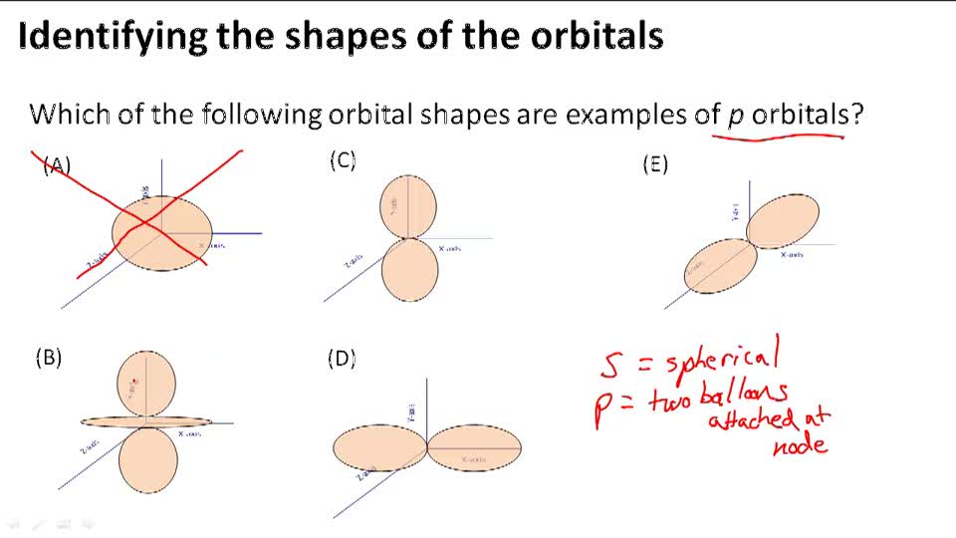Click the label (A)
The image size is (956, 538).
click(x=57, y=166)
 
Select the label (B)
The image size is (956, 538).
click(x=49, y=359)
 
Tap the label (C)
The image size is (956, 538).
click(x=343, y=160)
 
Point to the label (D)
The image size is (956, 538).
click(x=342, y=359)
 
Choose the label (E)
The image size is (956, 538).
click(x=654, y=165)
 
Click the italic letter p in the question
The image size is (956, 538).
click(x=736, y=116)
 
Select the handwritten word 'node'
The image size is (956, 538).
click(x=800, y=443)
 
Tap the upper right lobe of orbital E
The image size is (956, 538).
click(x=783, y=220)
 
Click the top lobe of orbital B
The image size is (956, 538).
click(x=146, y=383)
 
